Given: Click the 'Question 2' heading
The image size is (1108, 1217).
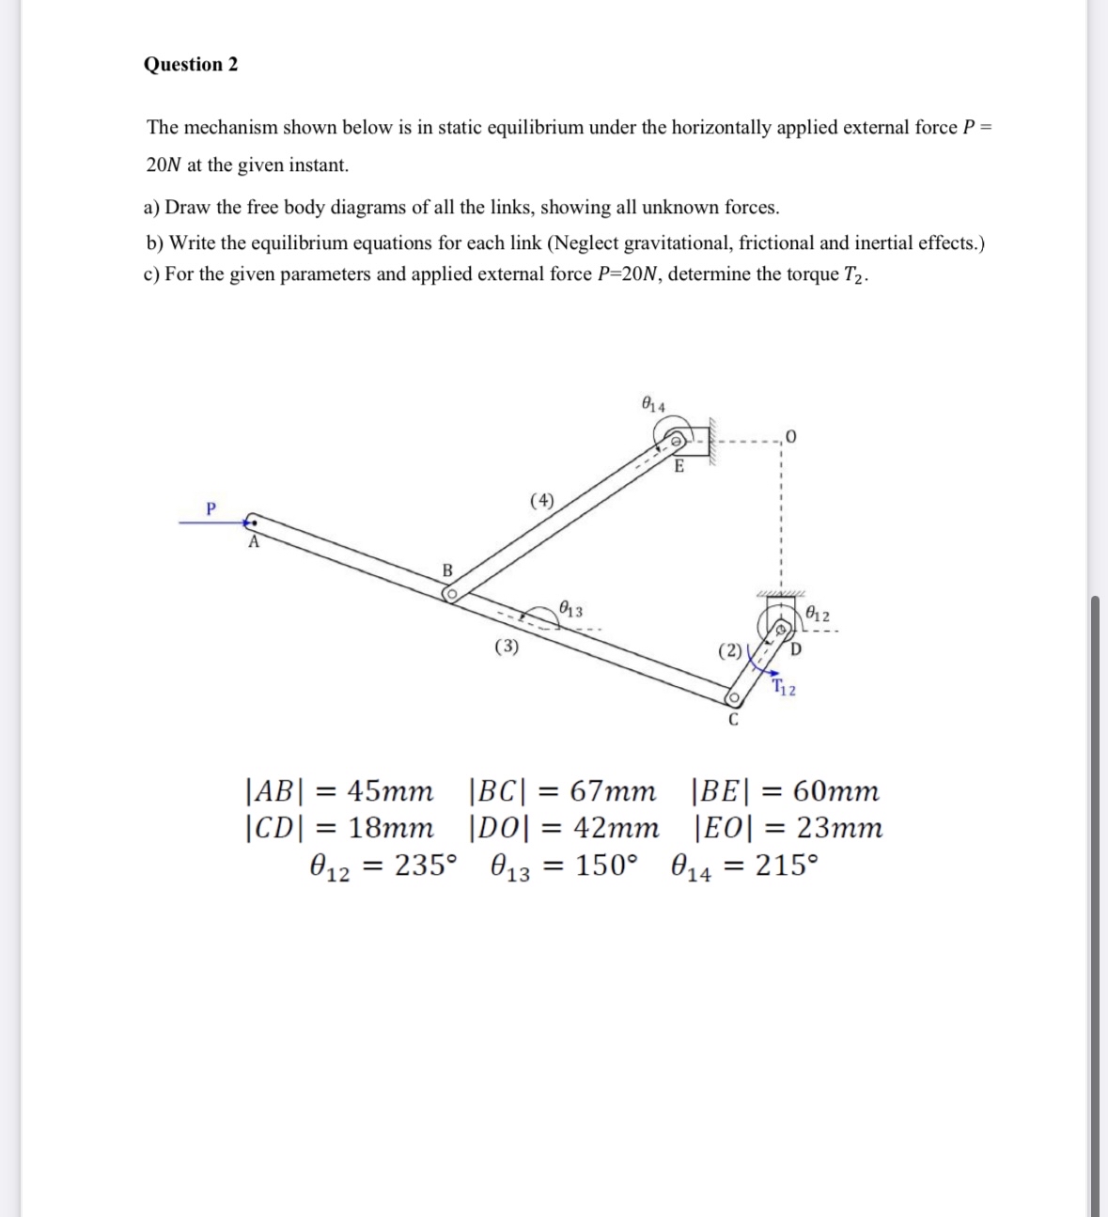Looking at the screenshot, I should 191,65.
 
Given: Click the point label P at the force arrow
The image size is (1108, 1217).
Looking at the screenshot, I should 211,508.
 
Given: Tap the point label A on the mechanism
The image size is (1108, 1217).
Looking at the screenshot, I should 252,542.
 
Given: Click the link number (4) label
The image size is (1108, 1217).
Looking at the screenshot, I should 542,499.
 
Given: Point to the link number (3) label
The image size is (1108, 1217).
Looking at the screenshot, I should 507,646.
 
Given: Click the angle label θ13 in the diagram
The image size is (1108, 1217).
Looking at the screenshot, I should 570,609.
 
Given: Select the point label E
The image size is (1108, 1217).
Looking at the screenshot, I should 679,467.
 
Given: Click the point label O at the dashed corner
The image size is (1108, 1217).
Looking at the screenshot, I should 791,438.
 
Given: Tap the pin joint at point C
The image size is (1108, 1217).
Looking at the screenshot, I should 732,698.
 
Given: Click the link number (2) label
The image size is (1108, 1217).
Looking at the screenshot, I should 729,649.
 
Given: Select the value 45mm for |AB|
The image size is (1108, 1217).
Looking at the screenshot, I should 390,791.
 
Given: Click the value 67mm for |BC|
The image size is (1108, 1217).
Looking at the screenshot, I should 613,791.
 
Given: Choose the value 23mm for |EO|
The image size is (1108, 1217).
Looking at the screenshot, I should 839,828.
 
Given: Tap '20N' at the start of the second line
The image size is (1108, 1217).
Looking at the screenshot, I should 164,165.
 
